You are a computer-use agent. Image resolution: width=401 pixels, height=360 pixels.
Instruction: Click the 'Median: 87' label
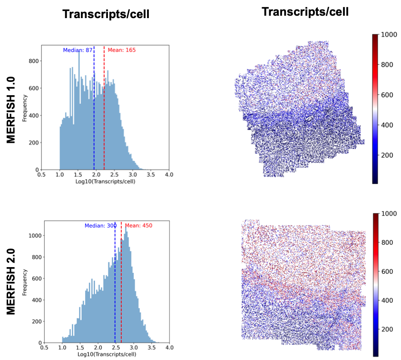tap(78, 50)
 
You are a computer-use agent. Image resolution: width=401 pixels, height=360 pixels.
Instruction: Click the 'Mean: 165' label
tap(122, 50)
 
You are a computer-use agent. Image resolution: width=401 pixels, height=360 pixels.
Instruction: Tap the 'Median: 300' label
tap(100, 226)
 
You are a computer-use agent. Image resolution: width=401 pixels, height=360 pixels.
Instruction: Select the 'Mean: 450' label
tap(138, 226)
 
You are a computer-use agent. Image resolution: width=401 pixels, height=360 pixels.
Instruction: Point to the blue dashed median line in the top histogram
tap(94, 119)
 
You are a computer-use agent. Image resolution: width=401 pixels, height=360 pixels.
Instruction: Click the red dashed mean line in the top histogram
tap(104, 119)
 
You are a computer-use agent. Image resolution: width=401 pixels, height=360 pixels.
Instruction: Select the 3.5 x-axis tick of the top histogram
tap(151, 175)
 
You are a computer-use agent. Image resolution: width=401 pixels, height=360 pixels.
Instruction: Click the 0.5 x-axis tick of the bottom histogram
tap(44, 348)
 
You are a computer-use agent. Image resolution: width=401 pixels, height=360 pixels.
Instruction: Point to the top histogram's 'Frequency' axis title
tap(25, 108)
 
